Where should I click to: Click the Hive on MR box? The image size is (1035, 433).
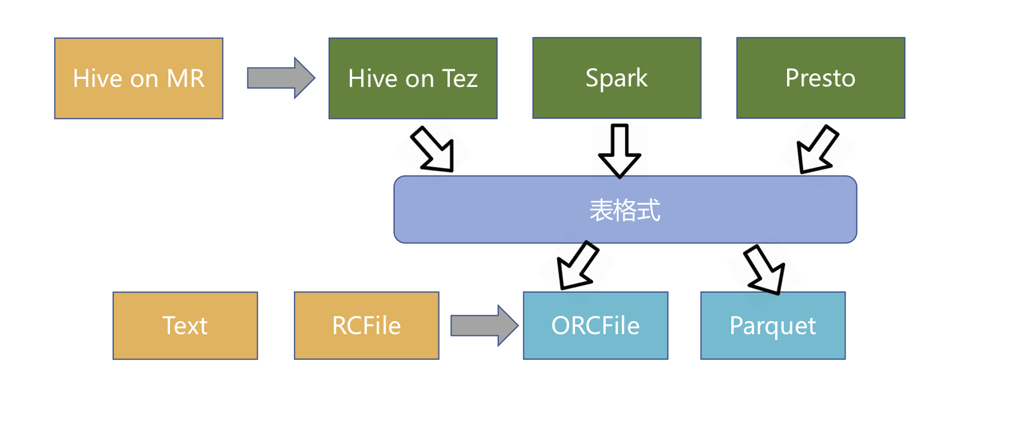pos(139,78)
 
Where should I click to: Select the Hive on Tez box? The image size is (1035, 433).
pos(413,78)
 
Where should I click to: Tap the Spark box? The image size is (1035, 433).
pos(616,78)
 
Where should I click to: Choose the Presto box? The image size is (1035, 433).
pos(820,78)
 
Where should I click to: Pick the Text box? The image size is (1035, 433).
pos(185,326)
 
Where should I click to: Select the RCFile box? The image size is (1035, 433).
pos(366,326)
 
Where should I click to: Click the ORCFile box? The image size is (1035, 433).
pos(595,326)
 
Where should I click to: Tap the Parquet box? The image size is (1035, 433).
pos(772,326)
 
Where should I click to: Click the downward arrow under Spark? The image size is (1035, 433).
pos(619,151)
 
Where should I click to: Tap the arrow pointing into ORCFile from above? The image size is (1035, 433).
pos(577,266)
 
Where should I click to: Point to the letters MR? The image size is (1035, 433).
pos(185,78)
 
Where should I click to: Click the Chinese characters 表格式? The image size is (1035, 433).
pos(624,210)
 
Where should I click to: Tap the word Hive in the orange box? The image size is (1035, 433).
pos(97,78)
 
